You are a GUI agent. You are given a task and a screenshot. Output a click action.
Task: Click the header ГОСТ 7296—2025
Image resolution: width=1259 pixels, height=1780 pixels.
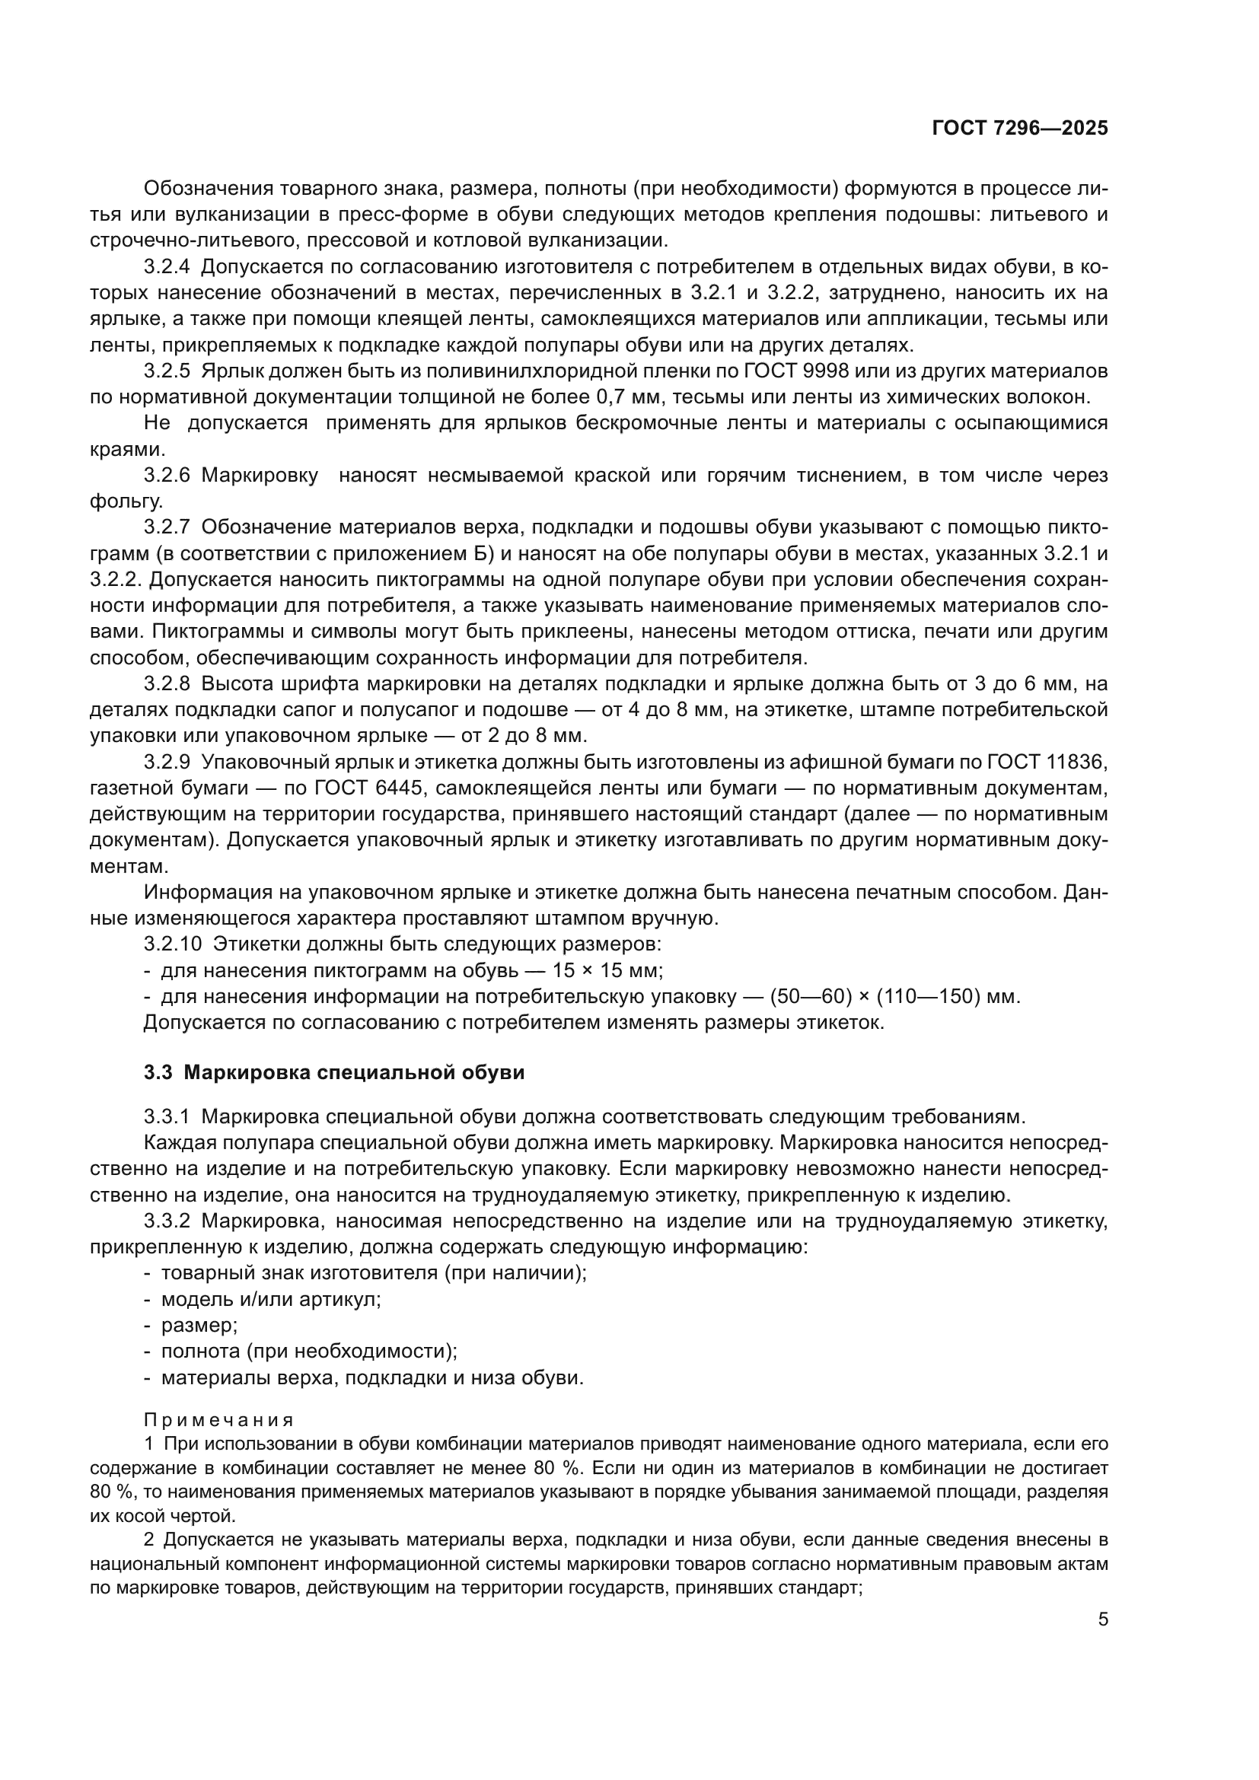(1019, 129)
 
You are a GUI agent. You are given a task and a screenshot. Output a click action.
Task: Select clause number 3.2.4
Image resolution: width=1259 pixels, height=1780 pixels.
(166, 267)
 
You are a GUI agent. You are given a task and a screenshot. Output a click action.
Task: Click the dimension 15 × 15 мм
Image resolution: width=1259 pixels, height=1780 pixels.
(607, 970)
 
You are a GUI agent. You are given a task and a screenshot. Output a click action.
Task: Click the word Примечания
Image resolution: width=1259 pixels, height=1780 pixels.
(218, 1420)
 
